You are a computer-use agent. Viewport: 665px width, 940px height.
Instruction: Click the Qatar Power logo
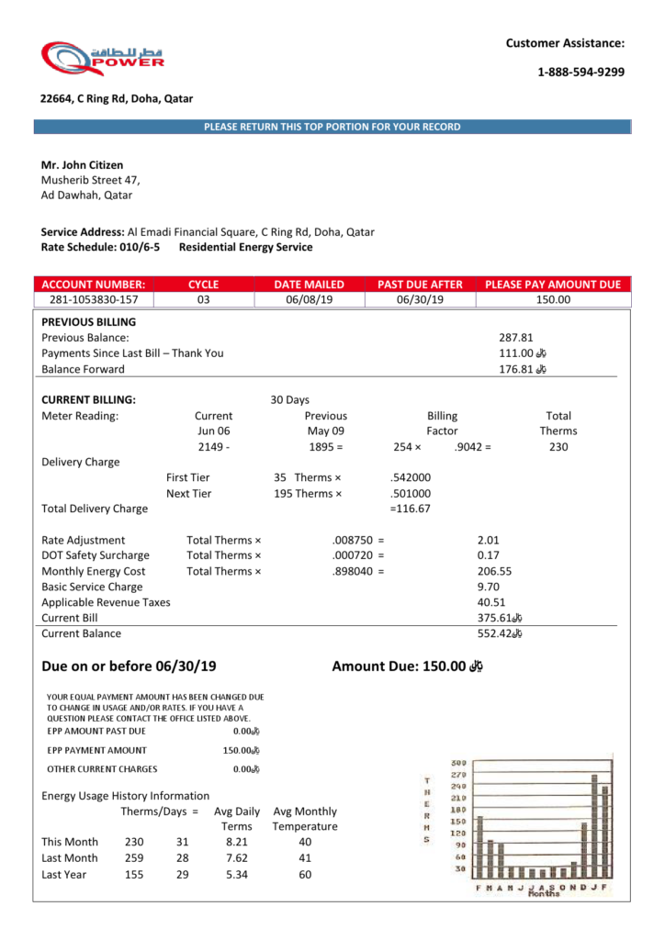[x=102, y=58]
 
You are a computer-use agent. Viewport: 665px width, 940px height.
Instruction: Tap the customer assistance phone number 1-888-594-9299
[x=580, y=72]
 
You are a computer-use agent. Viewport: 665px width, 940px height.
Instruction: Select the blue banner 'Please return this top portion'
[x=332, y=127]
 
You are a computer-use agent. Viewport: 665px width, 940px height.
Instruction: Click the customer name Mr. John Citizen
[x=82, y=165]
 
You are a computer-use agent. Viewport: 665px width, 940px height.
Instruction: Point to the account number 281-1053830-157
[x=93, y=299]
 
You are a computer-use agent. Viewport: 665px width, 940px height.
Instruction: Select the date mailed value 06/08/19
[x=309, y=299]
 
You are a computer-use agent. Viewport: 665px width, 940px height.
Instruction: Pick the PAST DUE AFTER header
[x=420, y=285]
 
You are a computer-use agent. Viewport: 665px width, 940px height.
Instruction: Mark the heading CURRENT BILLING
[x=89, y=400]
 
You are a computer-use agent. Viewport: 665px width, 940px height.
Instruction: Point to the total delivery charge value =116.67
[x=411, y=509]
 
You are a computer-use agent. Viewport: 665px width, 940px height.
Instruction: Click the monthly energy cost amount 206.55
[x=494, y=571]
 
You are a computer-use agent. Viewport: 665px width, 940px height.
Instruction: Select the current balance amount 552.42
[x=494, y=633]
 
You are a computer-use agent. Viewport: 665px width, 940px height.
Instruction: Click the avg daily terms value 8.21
[x=237, y=842]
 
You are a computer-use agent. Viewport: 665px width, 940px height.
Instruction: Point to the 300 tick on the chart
[x=459, y=764]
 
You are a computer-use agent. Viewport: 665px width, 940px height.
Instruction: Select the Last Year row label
[x=64, y=875]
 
